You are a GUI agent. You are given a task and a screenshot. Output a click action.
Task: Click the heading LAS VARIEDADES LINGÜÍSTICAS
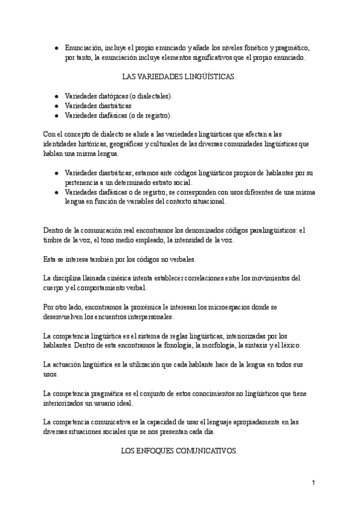[179, 77]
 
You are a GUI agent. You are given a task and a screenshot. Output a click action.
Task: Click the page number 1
[313, 483]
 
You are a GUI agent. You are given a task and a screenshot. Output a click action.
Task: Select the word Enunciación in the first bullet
[84, 48]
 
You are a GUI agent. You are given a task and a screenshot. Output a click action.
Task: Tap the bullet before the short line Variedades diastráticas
[56, 106]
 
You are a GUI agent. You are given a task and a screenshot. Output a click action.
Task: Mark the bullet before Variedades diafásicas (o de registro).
[56, 115]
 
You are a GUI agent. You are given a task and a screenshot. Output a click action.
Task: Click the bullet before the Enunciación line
[56, 48]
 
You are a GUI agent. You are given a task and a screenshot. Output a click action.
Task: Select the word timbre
[55, 240]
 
